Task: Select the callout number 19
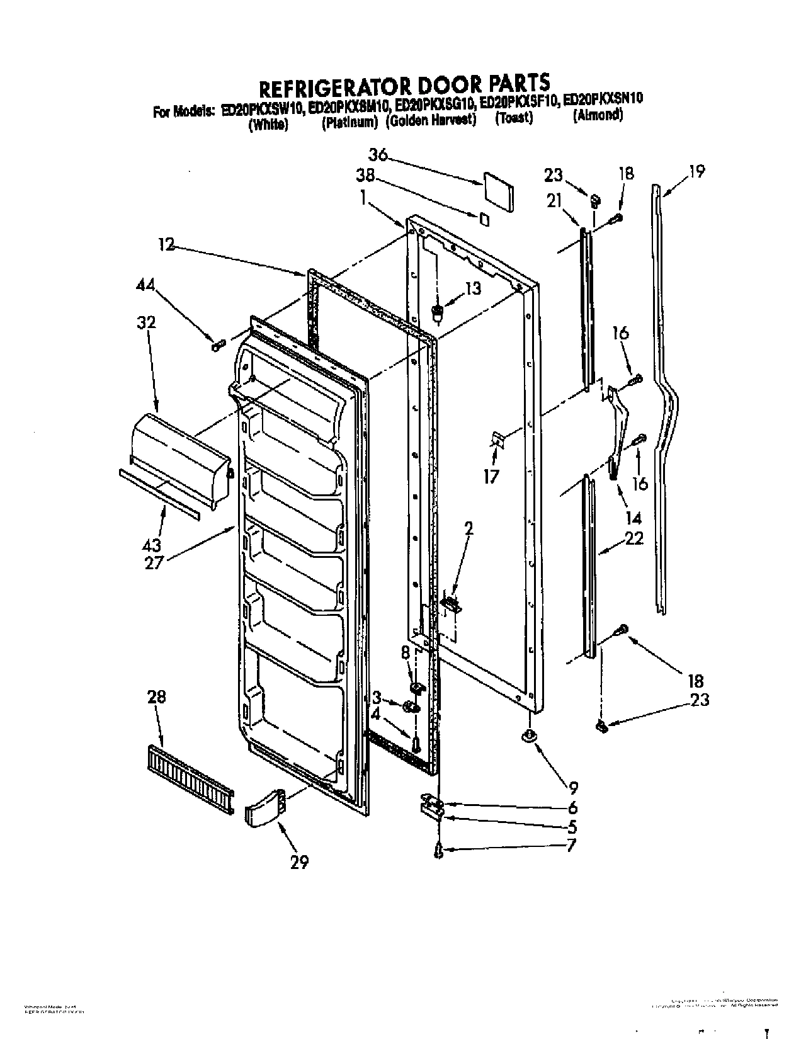(696, 171)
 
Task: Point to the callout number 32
(146, 323)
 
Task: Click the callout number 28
(157, 697)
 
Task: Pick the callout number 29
(299, 862)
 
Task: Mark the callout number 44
(146, 285)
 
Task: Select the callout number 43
(152, 545)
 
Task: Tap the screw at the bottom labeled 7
(439, 851)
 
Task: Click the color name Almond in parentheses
(598, 116)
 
